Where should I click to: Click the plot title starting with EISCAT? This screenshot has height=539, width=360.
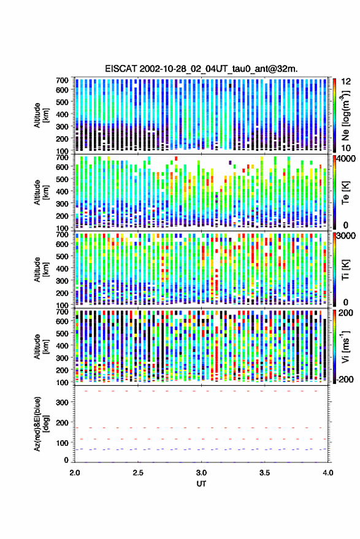coord(201,69)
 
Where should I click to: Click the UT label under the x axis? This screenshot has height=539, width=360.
coord(201,484)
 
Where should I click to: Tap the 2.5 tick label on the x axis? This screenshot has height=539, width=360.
coord(138,473)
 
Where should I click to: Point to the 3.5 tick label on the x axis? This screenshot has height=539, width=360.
coord(264,473)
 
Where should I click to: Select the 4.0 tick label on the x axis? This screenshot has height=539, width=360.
coord(327,473)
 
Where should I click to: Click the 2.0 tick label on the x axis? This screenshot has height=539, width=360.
coord(75,473)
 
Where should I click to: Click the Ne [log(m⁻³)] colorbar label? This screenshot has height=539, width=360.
coord(345,115)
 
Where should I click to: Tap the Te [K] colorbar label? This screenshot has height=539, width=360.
coord(345,193)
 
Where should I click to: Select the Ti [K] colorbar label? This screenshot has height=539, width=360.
coord(345,270)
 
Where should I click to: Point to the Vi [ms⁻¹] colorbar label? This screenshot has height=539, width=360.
coord(345,346)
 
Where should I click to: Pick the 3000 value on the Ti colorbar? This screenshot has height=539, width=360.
coord(347,236)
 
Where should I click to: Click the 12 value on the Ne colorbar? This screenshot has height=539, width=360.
coord(347,82)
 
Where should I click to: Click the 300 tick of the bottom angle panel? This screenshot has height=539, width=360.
coord(62,402)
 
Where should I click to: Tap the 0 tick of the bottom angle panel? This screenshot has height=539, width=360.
coord(66,460)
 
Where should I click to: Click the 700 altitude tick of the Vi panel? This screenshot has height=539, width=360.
coord(62,312)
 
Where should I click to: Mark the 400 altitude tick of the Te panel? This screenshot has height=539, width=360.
coord(62,191)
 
